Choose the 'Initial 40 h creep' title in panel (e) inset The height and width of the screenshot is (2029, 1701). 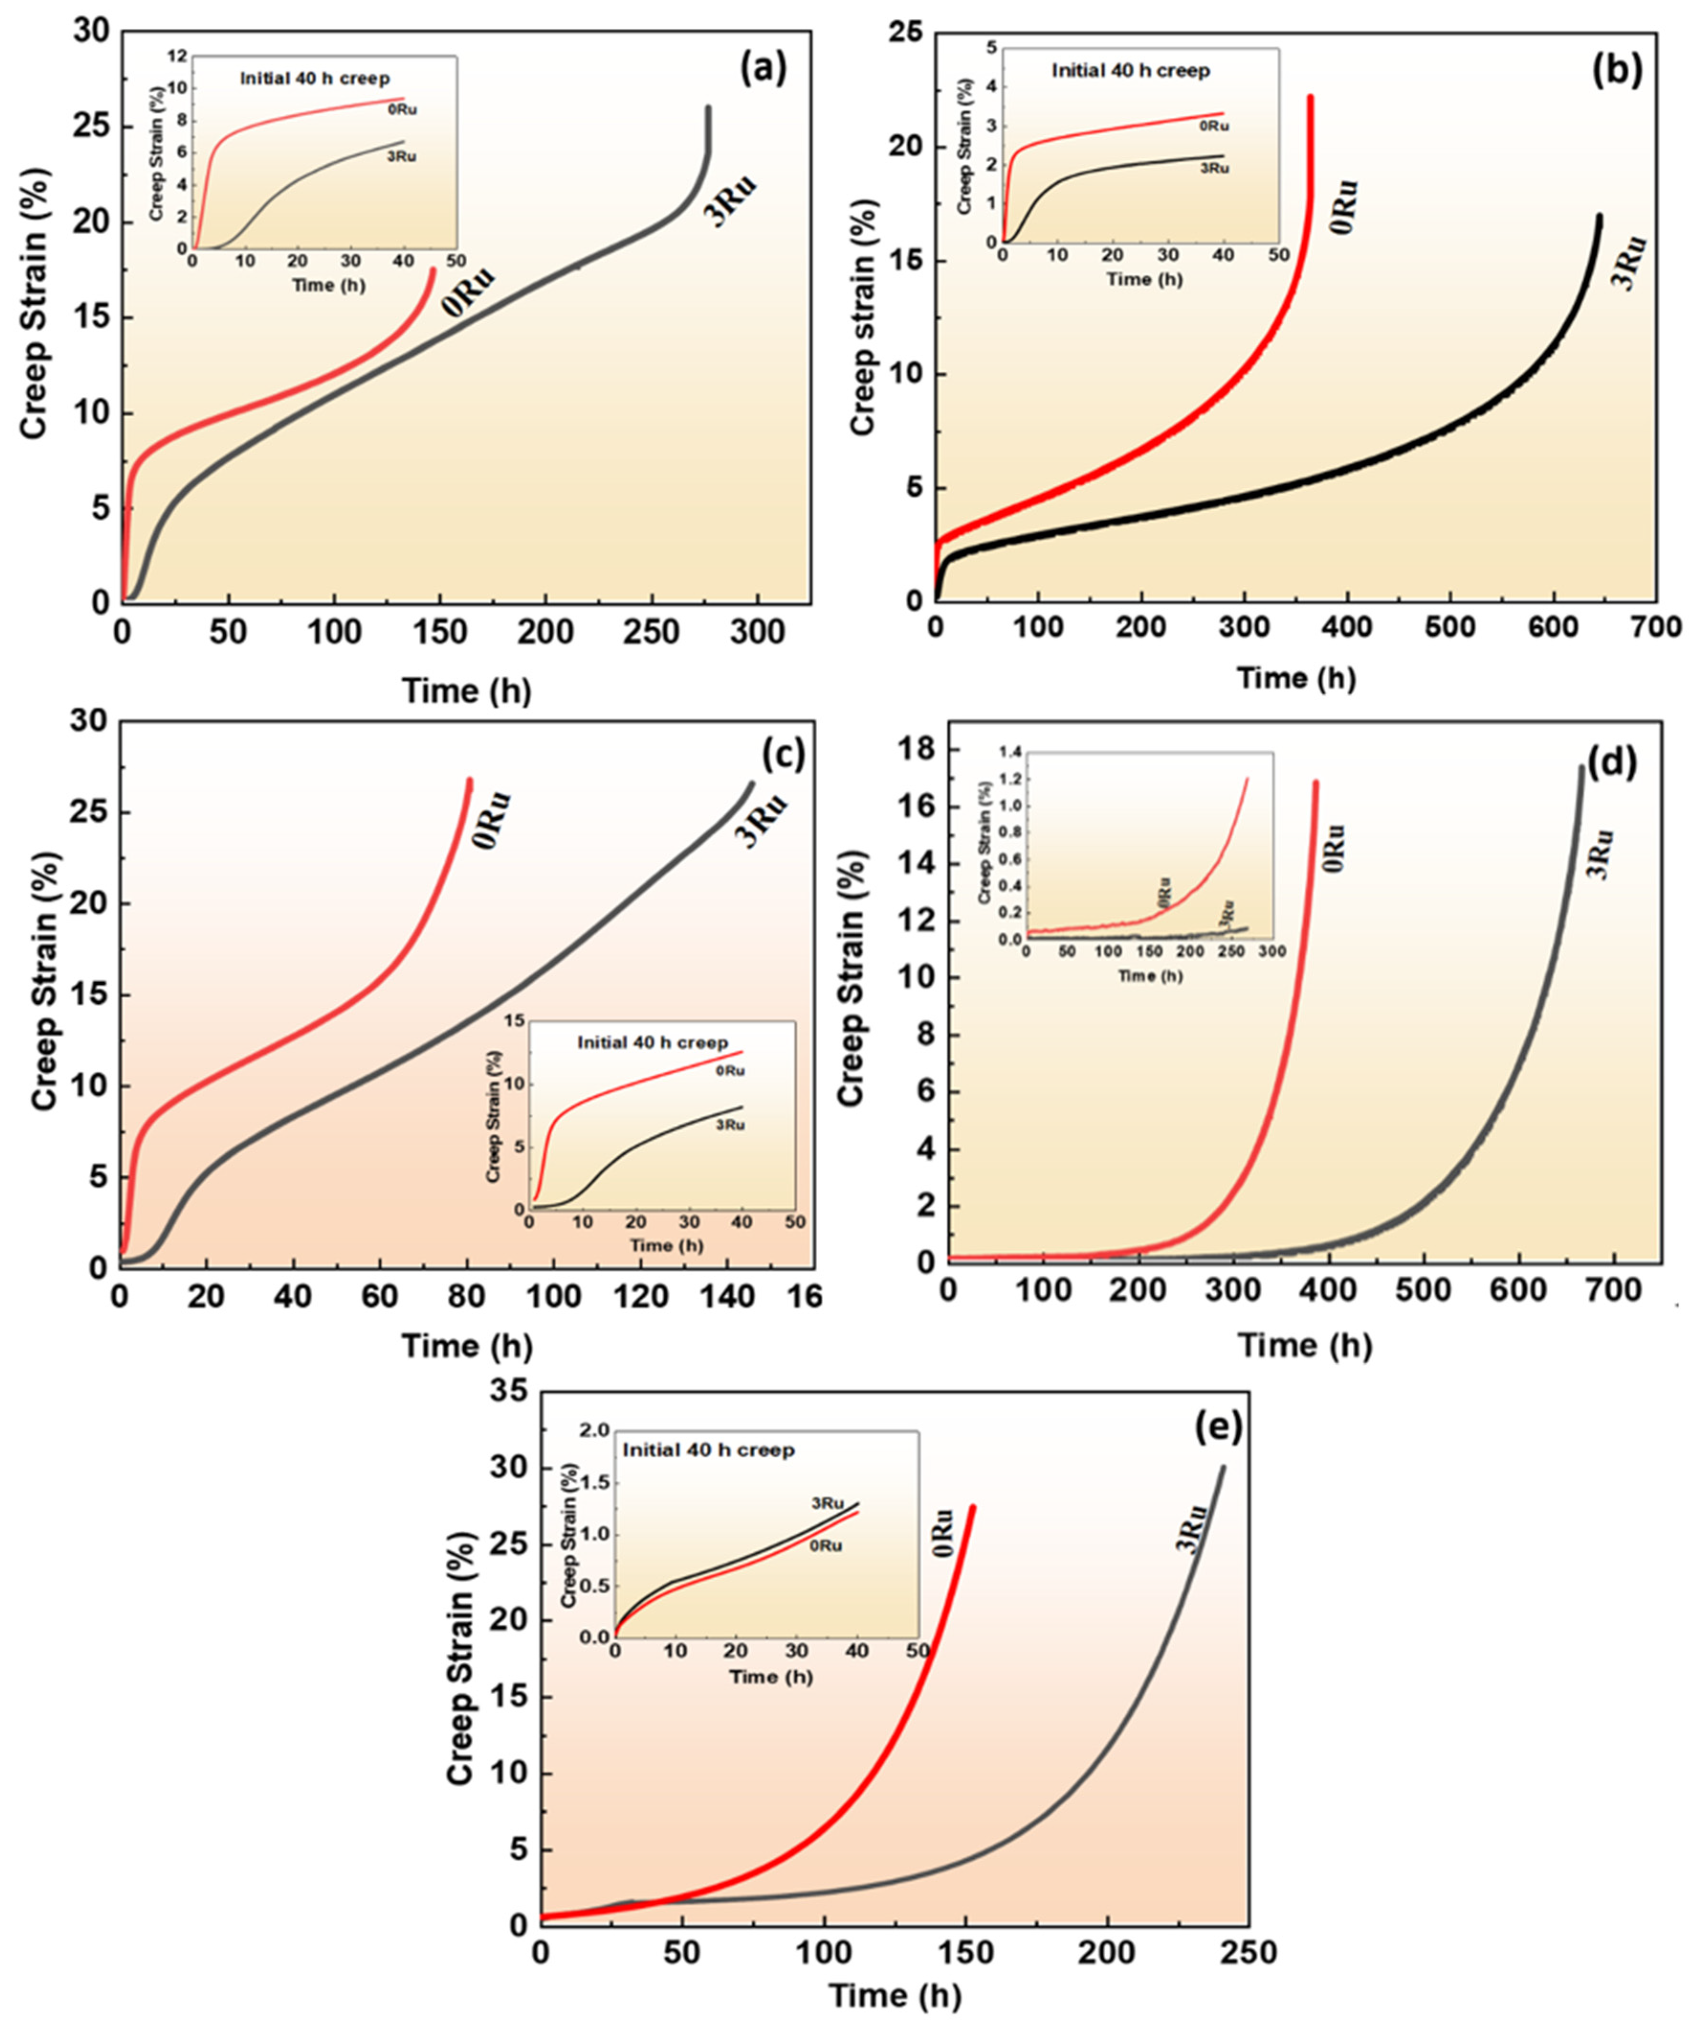coord(708,1450)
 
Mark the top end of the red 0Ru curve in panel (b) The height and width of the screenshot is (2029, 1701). coord(1311,97)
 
